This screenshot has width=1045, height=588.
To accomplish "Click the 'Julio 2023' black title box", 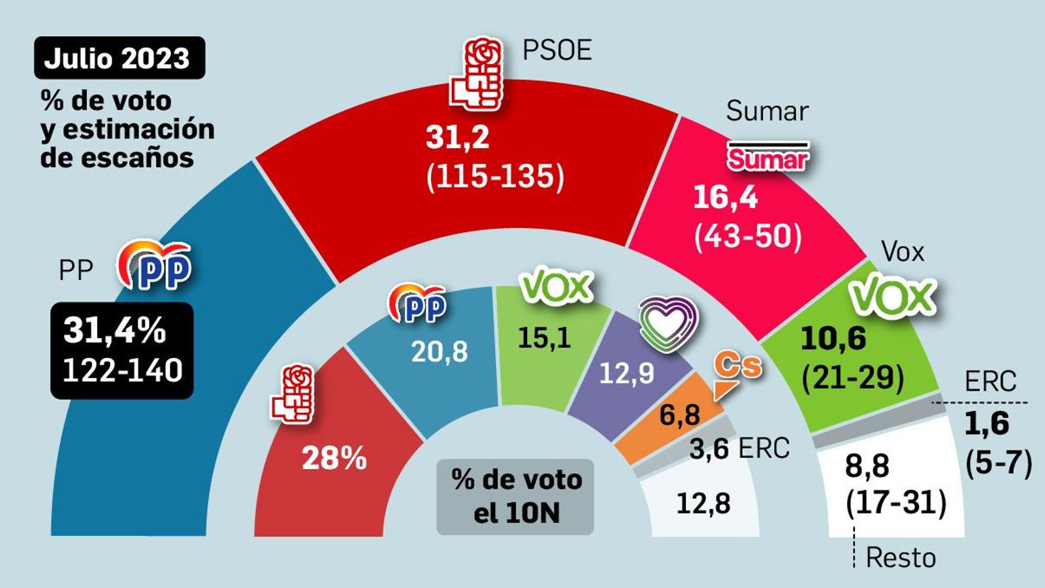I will pyautogui.click(x=119, y=58).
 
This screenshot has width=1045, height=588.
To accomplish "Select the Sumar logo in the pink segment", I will pyautogui.click(x=768, y=157).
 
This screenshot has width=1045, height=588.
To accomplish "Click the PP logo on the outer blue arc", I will pyautogui.click(x=155, y=265).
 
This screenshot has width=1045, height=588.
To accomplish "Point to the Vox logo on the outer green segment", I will pyautogui.click(x=892, y=297).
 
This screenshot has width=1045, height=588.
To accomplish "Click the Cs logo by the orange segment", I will pyautogui.click(x=737, y=369).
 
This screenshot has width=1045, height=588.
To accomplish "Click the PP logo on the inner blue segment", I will pyautogui.click(x=418, y=304).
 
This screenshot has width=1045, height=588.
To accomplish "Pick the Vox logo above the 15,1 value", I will pyautogui.click(x=556, y=288).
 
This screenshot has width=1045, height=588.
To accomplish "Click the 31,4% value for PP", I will pyautogui.click(x=115, y=331).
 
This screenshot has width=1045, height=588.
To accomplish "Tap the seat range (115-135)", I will pyautogui.click(x=495, y=176).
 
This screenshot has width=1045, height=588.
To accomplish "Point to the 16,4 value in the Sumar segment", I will pyautogui.click(x=725, y=197).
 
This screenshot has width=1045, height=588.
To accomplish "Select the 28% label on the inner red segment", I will pyautogui.click(x=334, y=459).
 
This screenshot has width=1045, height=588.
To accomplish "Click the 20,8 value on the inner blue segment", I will pyautogui.click(x=440, y=352).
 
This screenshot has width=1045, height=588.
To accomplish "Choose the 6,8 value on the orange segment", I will pyautogui.click(x=680, y=414).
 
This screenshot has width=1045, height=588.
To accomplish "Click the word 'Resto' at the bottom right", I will pyautogui.click(x=901, y=558).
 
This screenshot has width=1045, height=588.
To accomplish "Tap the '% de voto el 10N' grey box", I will pyautogui.click(x=515, y=497).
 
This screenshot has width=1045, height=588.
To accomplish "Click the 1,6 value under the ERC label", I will pyautogui.click(x=987, y=424).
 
